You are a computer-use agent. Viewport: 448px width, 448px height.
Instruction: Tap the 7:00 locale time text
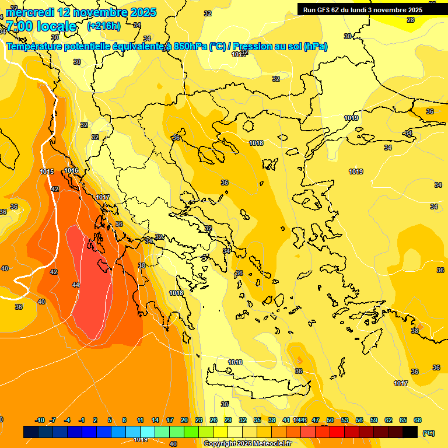tap(41, 26)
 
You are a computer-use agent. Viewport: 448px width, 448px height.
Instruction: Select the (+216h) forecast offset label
tap(103, 26)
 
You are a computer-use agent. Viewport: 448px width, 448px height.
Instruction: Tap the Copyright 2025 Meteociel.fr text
tap(247, 444)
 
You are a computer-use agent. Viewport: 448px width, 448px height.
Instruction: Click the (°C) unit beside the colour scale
tap(429, 433)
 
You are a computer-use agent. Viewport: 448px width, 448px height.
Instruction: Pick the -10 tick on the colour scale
tap(40, 420)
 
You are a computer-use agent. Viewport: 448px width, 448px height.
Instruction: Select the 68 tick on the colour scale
tap(418, 420)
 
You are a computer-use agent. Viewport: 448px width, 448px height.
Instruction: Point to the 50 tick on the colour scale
tap(330, 420)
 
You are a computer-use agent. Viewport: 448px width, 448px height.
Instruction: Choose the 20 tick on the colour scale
tap(184, 420)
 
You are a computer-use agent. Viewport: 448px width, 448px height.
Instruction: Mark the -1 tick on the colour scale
tap(82, 420)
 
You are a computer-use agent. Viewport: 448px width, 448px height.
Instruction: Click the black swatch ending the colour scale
tap(410, 432)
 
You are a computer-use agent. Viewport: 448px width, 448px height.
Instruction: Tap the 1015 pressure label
tap(47, 171)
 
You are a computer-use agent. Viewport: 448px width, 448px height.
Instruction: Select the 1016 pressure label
tap(71, 170)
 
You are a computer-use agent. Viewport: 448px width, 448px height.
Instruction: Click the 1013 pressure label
tap(238, 54)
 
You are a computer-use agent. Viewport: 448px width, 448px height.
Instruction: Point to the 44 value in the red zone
tap(76, 285)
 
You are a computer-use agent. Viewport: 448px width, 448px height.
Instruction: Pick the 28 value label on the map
tap(411, 20)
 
